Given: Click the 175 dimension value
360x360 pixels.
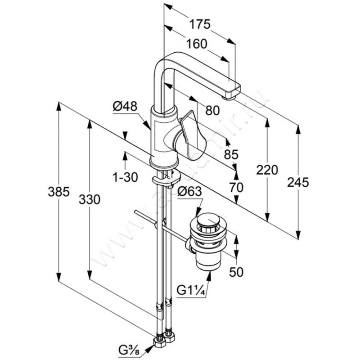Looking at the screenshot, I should click(200, 24).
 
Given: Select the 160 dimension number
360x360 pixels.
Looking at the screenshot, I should click(197, 44).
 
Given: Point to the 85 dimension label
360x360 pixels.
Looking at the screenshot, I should click(231, 154).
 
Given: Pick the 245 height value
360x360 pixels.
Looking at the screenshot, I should click(298, 183).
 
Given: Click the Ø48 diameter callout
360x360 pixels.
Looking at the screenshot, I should click(125, 107).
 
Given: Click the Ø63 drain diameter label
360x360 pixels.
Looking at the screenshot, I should click(189, 192).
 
